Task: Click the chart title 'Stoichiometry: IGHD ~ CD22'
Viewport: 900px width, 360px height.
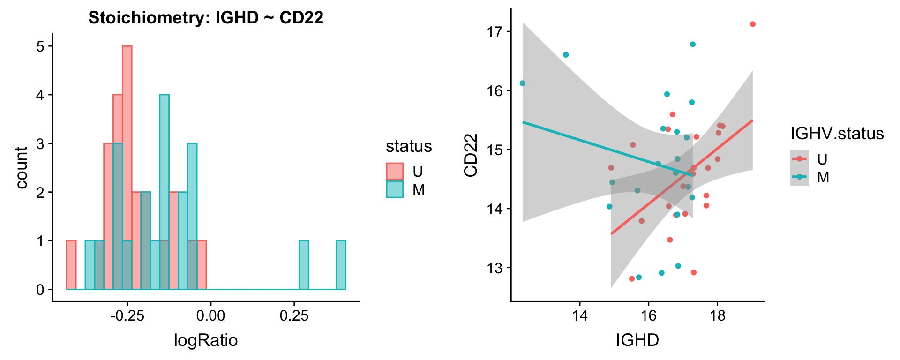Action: (x=206, y=18)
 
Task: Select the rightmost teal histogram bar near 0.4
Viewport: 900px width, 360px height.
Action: (x=341, y=265)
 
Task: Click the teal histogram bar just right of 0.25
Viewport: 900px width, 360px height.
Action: (x=304, y=265)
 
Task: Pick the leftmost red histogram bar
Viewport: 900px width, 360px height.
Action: (x=71, y=265)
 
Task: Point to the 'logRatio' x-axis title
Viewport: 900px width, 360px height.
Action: (x=206, y=340)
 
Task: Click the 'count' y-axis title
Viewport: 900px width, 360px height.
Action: (x=22, y=167)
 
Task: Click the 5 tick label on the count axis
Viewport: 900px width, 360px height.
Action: (x=40, y=46)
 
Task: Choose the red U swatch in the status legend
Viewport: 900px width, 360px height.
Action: (x=395, y=172)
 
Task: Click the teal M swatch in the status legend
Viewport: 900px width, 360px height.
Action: (x=395, y=189)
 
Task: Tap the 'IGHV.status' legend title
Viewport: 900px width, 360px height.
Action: (x=837, y=134)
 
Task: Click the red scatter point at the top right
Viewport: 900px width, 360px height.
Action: (x=753, y=24)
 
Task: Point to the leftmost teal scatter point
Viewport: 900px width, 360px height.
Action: (x=523, y=83)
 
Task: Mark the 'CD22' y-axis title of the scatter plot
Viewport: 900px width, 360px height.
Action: (x=471, y=155)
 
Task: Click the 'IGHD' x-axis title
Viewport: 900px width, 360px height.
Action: (x=637, y=340)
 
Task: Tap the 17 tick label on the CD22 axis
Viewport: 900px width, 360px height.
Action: (x=495, y=32)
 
